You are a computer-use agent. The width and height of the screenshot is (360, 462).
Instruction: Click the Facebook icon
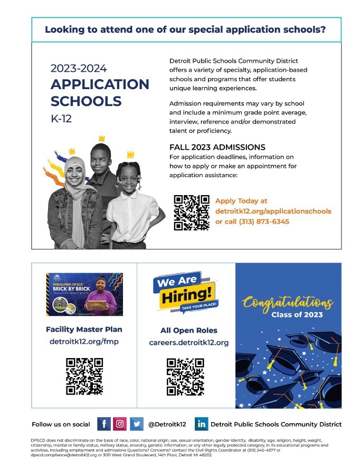pyautogui.click(x=104, y=423)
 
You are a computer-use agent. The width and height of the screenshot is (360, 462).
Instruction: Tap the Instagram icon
pyautogui.click(x=120, y=423)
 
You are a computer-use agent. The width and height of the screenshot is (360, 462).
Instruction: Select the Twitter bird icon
pyautogui.click(x=136, y=423)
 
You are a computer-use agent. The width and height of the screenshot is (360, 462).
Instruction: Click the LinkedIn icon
pyautogui.click(x=202, y=423)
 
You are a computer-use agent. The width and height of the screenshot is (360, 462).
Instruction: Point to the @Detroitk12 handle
pyautogui.click(x=167, y=424)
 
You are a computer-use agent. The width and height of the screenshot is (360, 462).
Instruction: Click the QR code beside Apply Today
pyautogui.click(x=191, y=213)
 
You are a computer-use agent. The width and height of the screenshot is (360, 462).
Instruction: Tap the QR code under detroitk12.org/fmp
pyautogui.click(x=84, y=376)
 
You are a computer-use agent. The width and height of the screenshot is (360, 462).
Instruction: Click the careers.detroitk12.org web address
pyautogui.click(x=188, y=343)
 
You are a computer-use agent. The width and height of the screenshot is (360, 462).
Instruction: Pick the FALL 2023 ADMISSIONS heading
pyautogui.click(x=217, y=147)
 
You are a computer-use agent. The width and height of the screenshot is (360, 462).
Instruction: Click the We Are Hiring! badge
pyautogui.click(x=185, y=293)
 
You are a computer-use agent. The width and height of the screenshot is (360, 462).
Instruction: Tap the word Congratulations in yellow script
pyautogui.click(x=288, y=303)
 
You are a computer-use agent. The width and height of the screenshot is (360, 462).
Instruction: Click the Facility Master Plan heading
pyautogui.click(x=84, y=329)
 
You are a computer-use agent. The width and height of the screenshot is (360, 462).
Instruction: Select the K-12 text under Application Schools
pyautogui.click(x=61, y=119)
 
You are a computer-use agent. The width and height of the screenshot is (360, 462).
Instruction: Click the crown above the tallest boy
pyautogui.click(x=101, y=138)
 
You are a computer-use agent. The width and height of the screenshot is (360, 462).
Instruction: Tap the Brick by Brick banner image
pyautogui.click(x=84, y=294)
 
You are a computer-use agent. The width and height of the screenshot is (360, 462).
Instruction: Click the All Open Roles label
pyautogui.click(x=188, y=331)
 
